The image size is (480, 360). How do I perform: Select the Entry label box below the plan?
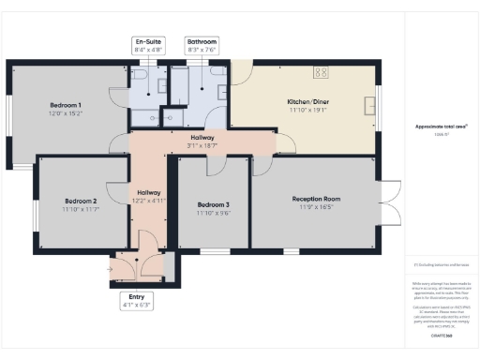point(136,300)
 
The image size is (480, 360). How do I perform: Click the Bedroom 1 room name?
point(66,105)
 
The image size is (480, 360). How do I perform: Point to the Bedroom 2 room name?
point(82,201)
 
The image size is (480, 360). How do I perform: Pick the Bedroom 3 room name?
point(213,204)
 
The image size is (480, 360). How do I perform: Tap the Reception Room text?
point(316,199)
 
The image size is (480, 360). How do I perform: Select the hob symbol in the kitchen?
point(321,71)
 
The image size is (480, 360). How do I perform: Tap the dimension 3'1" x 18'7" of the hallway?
point(202,145)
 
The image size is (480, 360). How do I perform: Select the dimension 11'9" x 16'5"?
point(316,207)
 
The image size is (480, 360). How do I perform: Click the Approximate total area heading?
point(441,126)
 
